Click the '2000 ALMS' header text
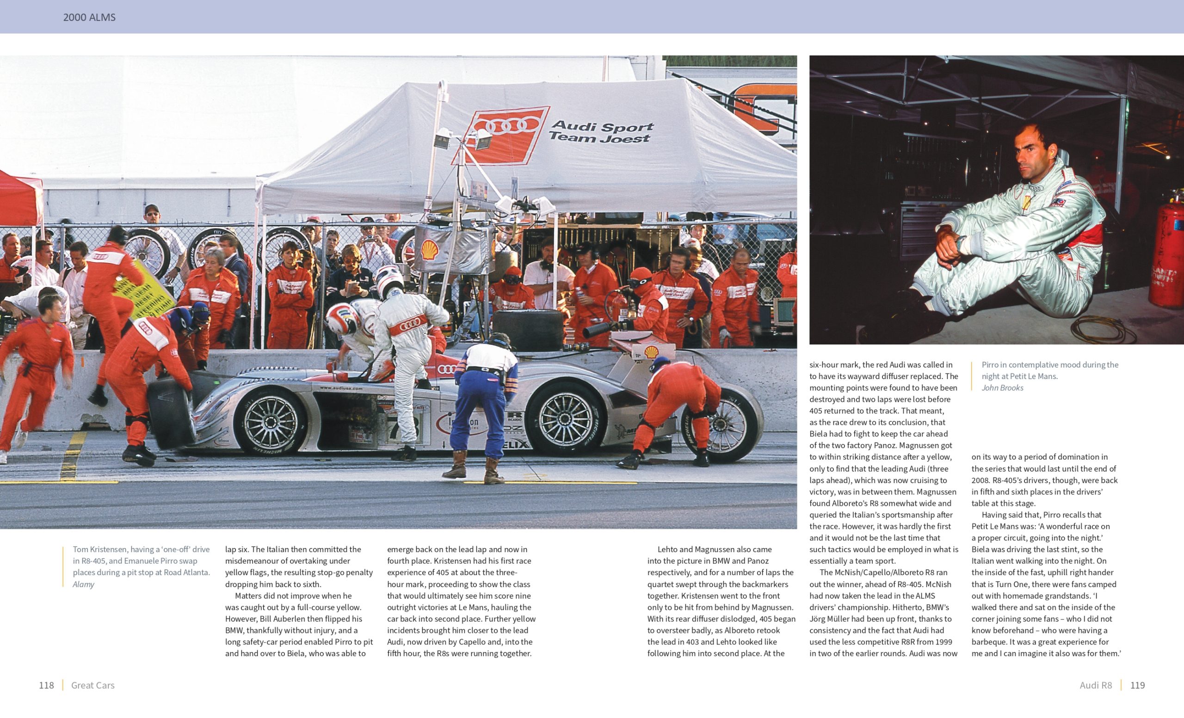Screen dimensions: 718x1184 pos(89,17)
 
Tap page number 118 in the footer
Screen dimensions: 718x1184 pos(46,685)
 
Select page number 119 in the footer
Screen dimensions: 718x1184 pos(1137,685)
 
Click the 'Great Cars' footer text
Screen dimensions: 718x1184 pos(93,685)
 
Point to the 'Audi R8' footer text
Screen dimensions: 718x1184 pos(1095,685)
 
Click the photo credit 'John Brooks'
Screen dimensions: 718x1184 pos(1002,387)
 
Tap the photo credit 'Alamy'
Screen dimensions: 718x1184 pos(83,584)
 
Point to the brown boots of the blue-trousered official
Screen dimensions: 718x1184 pos(473,466)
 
